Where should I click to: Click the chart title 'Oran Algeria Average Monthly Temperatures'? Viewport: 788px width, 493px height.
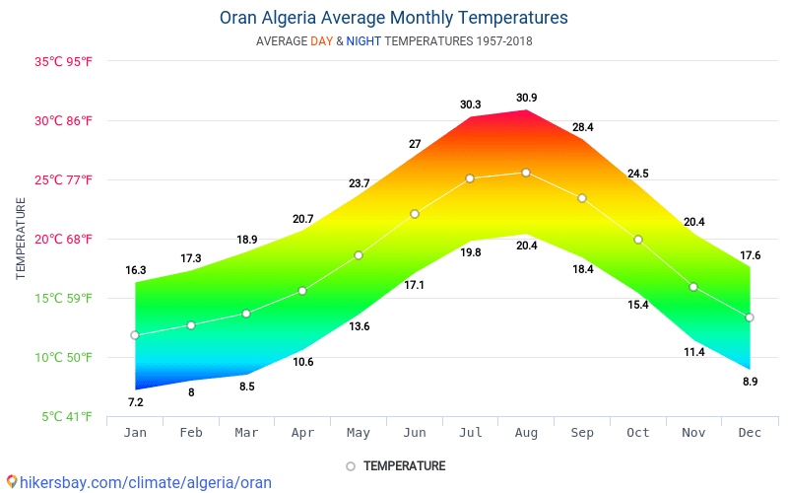tap(393, 18)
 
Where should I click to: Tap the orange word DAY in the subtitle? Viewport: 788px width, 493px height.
tap(322, 41)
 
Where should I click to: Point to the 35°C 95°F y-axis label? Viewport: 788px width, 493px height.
tap(64, 61)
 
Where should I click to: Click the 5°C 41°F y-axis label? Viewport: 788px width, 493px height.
tap(67, 417)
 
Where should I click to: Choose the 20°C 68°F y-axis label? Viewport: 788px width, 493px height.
tap(64, 240)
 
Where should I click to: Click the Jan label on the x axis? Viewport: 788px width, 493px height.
tap(135, 433)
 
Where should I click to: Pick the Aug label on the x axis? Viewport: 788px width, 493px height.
tap(526, 433)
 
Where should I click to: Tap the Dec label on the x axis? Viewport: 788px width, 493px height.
tap(750, 433)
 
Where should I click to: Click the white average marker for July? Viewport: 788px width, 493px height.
tap(470, 178)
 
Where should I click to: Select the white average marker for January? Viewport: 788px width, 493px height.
tap(135, 335)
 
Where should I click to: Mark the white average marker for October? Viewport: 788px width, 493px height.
tap(638, 240)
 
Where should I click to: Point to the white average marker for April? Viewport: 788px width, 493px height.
tap(302, 291)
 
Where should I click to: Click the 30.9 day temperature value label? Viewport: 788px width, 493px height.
tap(526, 98)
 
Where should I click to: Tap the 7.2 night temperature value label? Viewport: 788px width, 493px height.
tap(136, 402)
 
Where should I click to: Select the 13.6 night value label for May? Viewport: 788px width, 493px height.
tap(359, 326)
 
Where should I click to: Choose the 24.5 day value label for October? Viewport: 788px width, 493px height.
tap(638, 174)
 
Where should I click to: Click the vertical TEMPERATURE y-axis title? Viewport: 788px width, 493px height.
tap(21, 239)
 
